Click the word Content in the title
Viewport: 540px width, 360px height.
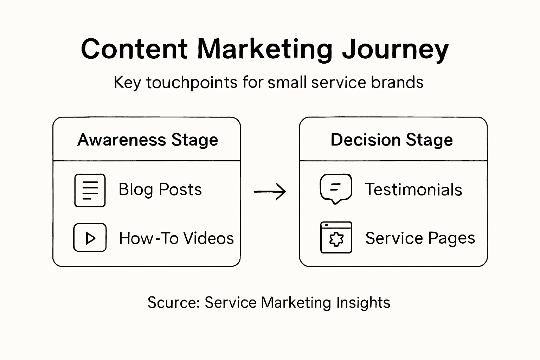pos(134,49)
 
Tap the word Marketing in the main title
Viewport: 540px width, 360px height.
pos(265,49)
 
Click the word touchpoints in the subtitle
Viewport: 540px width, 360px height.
pos(192,83)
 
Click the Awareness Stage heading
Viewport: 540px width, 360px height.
pos(148,140)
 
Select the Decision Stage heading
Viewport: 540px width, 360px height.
pos(392,140)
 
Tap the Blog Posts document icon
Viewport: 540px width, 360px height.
pos(90,190)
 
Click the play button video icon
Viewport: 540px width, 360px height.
pos(90,238)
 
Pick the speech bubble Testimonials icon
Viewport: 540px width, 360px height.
pos(336,188)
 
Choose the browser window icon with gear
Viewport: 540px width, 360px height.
pos(336,238)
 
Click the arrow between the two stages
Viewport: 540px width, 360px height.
pos(270,192)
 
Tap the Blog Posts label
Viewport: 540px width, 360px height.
pos(160,189)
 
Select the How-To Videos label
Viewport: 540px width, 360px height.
pos(176,238)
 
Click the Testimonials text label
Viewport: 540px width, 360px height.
pos(413,190)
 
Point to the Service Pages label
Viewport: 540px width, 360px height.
pos(420,238)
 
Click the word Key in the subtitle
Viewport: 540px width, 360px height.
pos(127,83)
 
